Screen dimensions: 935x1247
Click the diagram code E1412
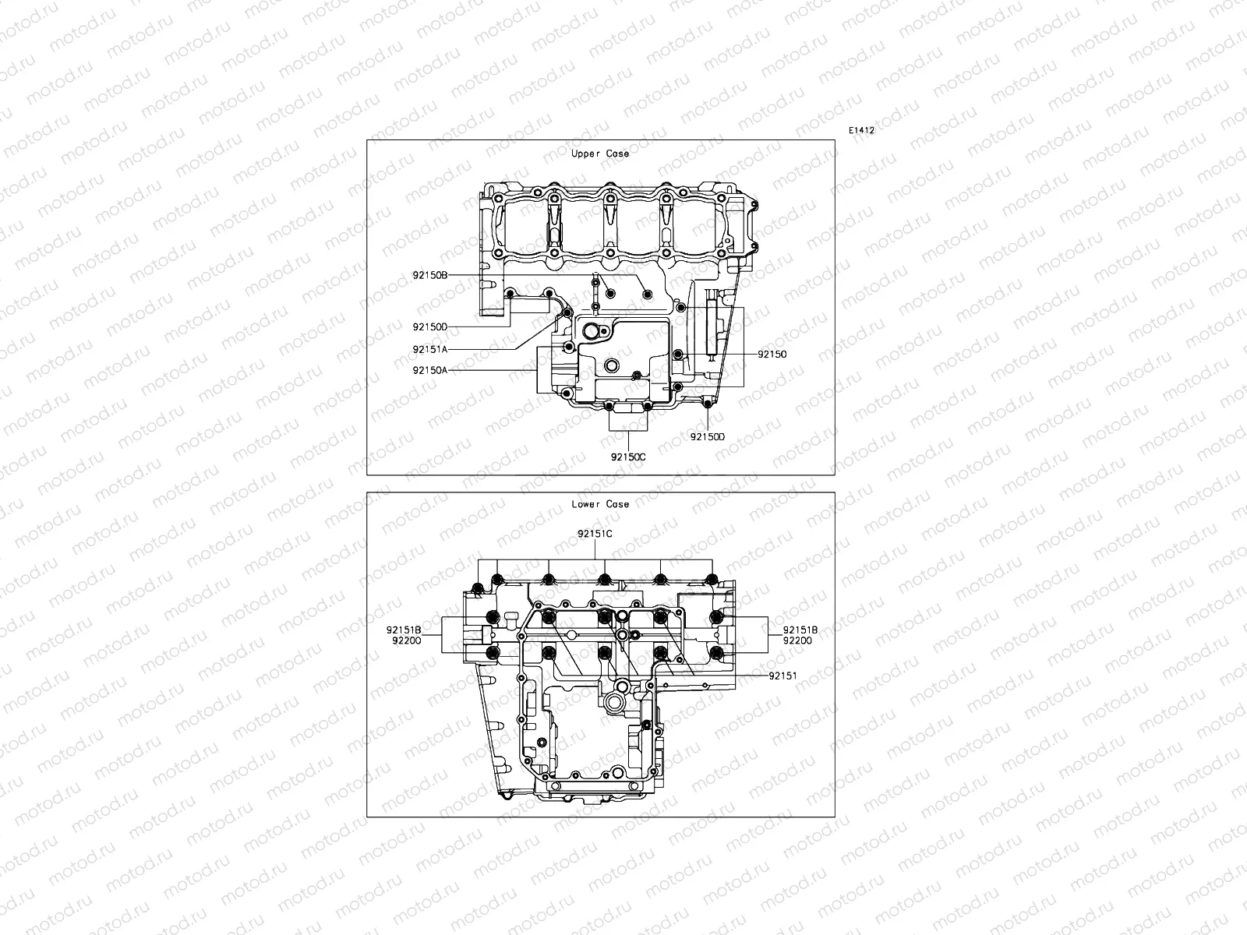(862, 131)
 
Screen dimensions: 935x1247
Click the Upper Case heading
(599, 153)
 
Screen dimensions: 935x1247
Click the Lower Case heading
(599, 504)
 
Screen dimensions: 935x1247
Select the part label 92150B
(430, 275)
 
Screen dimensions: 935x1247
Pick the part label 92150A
(430, 370)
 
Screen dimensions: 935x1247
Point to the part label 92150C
(628, 457)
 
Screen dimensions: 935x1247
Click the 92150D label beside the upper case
(430, 326)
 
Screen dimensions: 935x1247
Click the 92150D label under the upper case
(707, 437)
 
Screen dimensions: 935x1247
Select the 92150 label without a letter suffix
(772, 354)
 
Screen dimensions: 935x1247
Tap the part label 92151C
(595, 535)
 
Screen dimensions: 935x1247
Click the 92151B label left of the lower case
(404, 629)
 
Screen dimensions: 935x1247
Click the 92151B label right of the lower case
(800, 629)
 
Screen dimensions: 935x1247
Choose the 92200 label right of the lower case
(797, 640)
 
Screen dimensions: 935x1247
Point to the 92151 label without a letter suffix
(782, 676)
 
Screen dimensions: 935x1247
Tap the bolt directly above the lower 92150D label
(707, 403)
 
